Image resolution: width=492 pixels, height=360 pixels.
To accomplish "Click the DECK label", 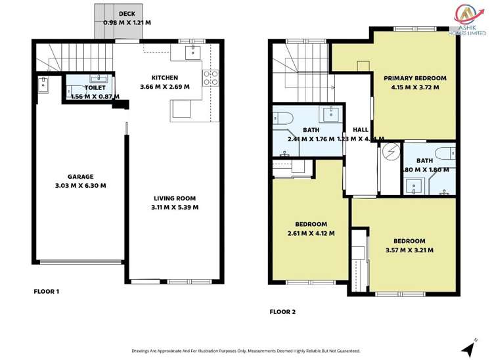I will click(x=127, y=14).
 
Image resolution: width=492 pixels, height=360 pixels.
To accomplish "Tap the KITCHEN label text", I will click(x=164, y=78).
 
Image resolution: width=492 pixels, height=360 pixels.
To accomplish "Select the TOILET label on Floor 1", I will click(x=95, y=87).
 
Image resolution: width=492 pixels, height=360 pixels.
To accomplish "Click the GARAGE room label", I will click(x=80, y=176).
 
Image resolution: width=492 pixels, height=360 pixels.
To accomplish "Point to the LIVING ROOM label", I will click(x=175, y=198).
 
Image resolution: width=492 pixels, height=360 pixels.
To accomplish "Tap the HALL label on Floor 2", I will click(x=360, y=129).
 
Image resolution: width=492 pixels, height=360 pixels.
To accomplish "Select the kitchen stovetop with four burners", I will click(x=211, y=78).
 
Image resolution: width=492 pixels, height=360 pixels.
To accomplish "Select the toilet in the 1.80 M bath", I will click(x=446, y=154).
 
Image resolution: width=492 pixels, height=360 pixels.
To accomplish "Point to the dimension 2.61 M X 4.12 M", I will click(x=311, y=233).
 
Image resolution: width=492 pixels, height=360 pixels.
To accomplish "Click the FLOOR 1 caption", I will click(x=47, y=290).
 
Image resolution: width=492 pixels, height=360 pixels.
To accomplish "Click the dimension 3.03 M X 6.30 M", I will click(x=80, y=185).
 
